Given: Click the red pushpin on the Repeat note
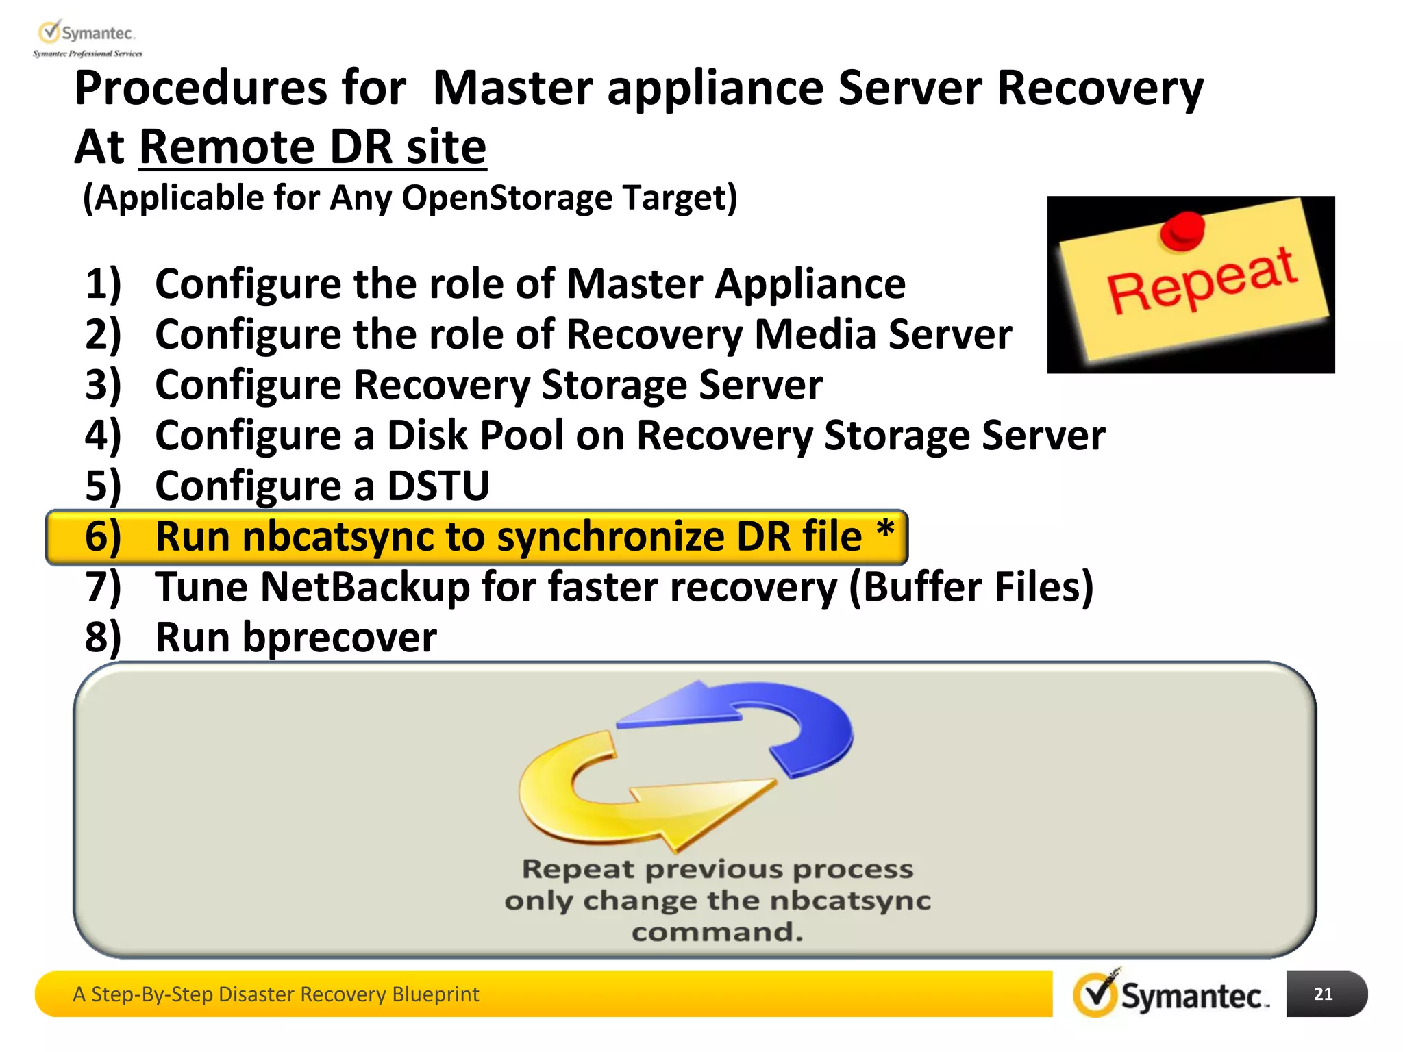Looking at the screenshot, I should tap(1182, 231).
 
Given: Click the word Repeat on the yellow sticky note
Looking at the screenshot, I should tap(1202, 281).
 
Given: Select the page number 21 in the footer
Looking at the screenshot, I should tap(1323, 994).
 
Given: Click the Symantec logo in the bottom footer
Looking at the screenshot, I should tap(1171, 994).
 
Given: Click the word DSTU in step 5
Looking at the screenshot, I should tap(438, 486).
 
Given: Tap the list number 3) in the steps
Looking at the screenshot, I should tap(103, 385).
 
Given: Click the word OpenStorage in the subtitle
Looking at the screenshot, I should tap(507, 198).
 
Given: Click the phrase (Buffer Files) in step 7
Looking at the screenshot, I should tap(971, 588).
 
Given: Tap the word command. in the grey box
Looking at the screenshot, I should tap(717, 932).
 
